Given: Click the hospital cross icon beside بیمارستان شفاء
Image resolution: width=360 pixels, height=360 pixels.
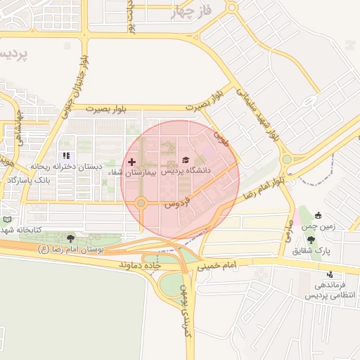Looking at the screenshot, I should pos(131,162).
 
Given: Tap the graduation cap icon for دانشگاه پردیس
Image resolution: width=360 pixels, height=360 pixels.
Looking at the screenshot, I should pos(186,160).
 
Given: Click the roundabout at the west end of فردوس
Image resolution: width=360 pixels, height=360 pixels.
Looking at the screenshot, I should pos(141,204).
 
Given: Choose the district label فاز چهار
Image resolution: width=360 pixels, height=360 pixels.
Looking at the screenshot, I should pos(191,13).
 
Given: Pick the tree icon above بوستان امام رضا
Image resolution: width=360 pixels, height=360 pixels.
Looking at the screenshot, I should pos(69,239).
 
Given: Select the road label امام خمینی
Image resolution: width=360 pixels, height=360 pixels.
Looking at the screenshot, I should pos(221,266).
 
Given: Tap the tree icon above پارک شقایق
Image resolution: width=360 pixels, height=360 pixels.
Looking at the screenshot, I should pos(311,240).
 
